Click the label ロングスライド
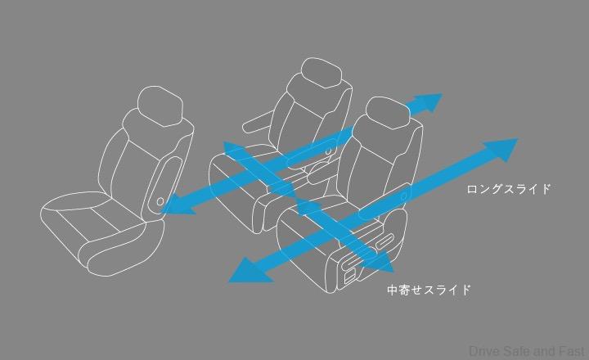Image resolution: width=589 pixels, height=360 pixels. [509, 189]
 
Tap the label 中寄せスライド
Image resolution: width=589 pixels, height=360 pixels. [429, 290]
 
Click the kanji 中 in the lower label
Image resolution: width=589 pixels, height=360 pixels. [393, 290]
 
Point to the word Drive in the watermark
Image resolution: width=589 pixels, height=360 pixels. [485, 351]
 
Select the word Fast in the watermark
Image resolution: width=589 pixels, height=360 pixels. [572, 351]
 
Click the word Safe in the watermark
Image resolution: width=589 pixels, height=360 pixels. [517, 351]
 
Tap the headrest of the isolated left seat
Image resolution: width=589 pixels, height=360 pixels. [160, 106]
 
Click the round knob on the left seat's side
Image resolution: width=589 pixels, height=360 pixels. [160, 202]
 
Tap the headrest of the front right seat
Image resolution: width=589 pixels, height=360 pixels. [388, 113]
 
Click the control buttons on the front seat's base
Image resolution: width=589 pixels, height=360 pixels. [353, 267]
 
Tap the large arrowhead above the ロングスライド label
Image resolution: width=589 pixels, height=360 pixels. [501, 148]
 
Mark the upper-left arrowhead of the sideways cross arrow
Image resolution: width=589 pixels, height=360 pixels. [235, 151]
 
